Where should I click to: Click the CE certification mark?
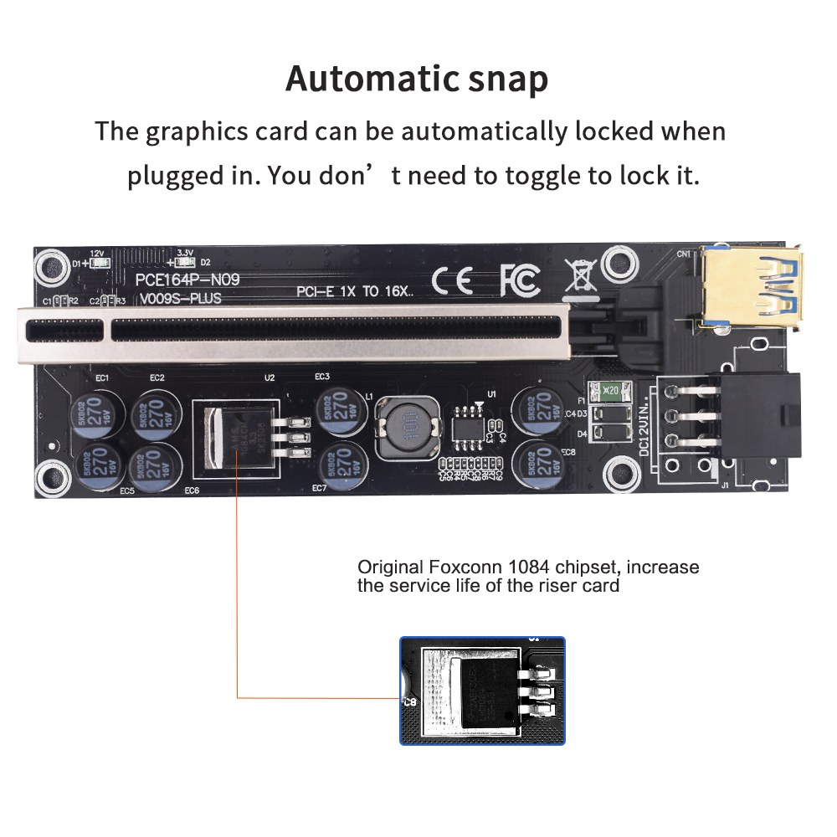453,280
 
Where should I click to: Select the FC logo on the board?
520,280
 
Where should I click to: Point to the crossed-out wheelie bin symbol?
580,277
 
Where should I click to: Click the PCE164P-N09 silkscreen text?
187,280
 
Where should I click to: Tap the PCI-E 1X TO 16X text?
355,292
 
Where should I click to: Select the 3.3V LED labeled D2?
187,263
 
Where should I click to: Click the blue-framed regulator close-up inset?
482,691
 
